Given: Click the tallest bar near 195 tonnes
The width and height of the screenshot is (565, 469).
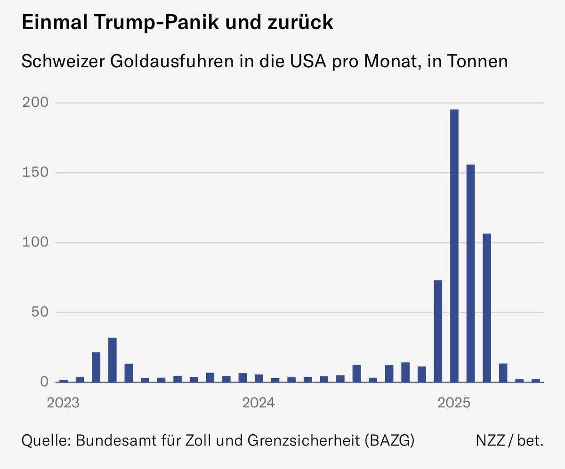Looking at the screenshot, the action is [454, 246].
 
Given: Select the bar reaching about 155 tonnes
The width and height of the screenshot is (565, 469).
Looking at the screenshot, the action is [470, 273].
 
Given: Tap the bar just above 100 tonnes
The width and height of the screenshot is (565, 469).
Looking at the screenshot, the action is [486, 308].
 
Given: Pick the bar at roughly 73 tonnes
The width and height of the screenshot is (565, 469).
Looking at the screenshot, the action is [438, 331].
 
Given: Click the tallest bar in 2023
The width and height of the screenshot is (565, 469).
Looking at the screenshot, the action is [113, 360].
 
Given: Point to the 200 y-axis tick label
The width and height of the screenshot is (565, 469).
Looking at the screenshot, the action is [35, 103].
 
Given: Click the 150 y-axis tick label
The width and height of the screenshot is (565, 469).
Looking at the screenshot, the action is [35, 172].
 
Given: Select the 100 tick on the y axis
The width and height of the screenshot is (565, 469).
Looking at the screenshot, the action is [35, 242].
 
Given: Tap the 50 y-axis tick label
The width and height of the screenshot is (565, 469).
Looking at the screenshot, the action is [40, 312].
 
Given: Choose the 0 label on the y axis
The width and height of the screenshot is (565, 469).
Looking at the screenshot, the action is [44, 382].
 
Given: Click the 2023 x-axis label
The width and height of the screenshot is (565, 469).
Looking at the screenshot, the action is [63, 403].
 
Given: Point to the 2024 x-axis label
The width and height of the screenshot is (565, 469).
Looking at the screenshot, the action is [258, 403].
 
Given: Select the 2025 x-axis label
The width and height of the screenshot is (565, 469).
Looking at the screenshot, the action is [454, 403].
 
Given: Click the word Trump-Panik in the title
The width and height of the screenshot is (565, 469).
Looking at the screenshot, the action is [156, 22].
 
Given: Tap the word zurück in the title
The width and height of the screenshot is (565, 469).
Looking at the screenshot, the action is [300, 22].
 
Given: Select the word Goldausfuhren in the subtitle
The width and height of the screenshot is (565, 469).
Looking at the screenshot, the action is [172, 61].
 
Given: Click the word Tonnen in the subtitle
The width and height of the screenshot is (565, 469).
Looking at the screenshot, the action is [477, 61].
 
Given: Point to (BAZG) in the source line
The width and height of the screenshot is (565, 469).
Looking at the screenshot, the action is [390, 440].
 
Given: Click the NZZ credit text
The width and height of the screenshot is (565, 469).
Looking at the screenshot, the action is [490, 440].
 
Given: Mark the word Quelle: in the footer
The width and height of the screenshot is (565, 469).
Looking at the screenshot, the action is [46, 440].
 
